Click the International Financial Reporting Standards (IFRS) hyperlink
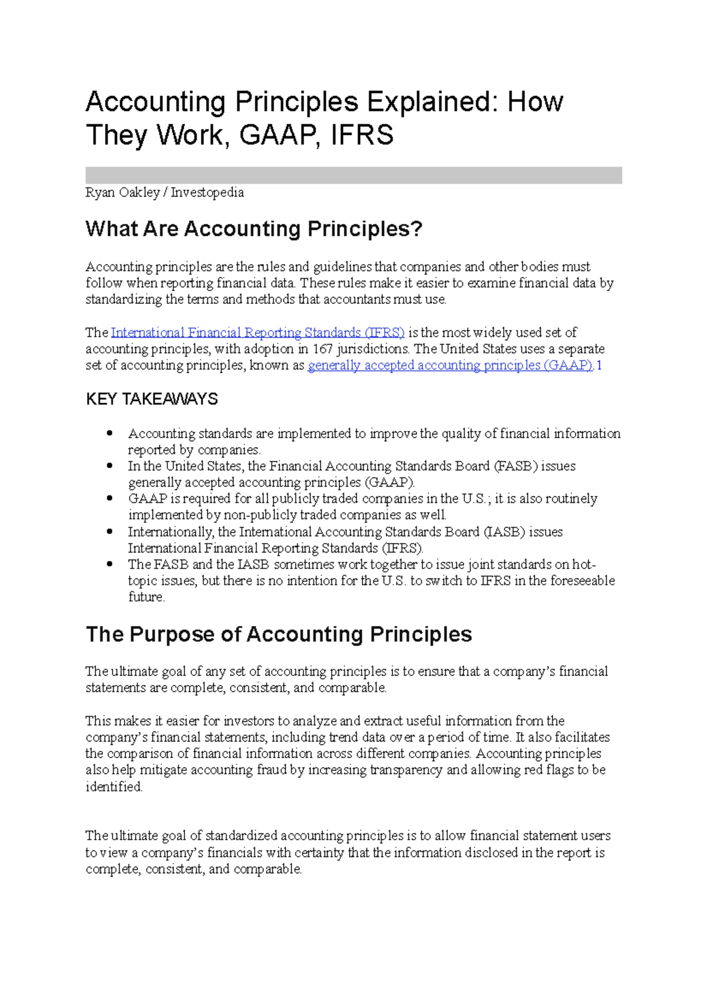(257, 333)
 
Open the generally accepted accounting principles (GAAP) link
(450, 366)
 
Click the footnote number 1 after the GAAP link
(599, 366)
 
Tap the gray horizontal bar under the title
(353, 175)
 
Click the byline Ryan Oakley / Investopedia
(164, 193)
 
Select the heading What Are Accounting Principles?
(254, 229)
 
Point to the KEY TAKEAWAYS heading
(152, 399)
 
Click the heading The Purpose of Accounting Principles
(279, 634)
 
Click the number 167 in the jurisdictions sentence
(322, 349)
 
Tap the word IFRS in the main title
(362, 135)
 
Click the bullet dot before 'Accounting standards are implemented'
(110, 433)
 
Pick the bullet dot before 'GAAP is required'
(110, 499)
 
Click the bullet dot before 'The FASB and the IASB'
(110, 564)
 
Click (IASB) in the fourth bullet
(504, 532)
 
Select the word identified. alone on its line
(114, 787)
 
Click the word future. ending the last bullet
(146, 597)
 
